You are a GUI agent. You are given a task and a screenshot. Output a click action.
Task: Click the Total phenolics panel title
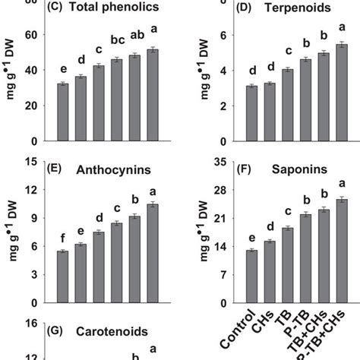(x=94, y=8)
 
